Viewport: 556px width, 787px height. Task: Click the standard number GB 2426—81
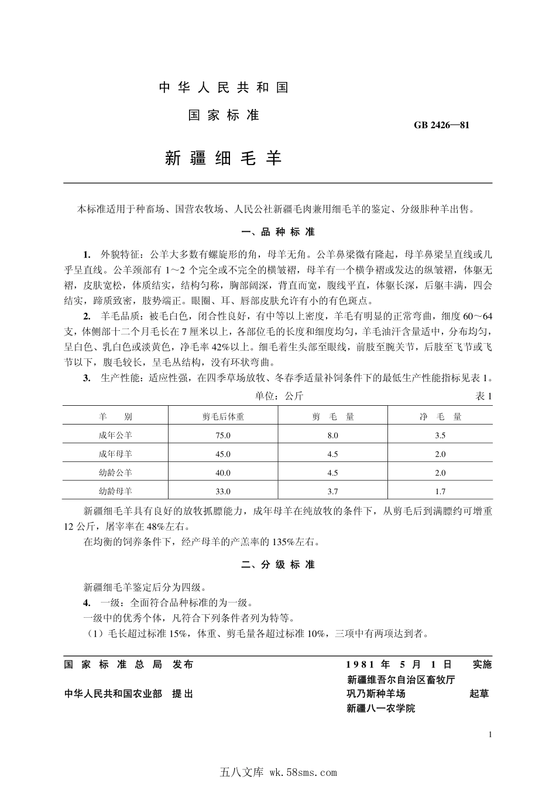coord(441,125)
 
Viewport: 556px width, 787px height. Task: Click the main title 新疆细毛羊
coord(224,158)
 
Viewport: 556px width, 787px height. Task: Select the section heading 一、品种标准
coord(278,232)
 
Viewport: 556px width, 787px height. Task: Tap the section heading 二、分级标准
coord(278,564)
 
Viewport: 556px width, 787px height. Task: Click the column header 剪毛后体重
coord(223,417)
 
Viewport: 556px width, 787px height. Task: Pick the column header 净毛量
coord(440,417)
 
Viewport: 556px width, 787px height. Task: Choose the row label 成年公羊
coord(115,435)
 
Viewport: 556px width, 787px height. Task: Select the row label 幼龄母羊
coord(115,491)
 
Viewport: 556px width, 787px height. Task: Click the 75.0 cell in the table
coord(223,436)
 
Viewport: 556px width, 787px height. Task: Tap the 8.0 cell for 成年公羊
coord(332,436)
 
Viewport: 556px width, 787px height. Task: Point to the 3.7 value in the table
coord(332,492)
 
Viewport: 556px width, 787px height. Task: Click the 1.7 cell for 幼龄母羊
coord(440,492)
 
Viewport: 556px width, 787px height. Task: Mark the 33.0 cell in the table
coord(223,492)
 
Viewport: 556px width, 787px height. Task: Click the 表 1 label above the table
coord(483,396)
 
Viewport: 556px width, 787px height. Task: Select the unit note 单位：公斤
coord(279,396)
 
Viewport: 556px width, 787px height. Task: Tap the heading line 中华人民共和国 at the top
coord(224,88)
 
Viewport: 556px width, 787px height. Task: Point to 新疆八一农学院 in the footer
coord(380,708)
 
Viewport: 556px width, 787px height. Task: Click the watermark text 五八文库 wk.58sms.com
coord(277,772)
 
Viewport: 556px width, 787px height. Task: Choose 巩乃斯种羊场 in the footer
coord(376,694)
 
